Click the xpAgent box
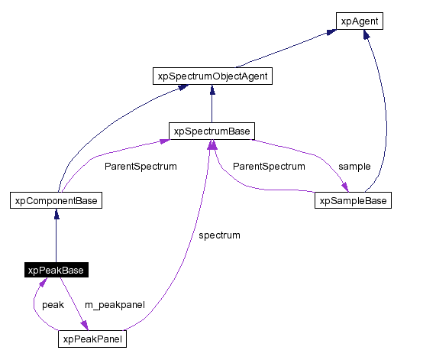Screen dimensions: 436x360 pyautogui.click(x=359, y=21)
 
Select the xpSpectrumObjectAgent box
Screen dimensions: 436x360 pyautogui.click(x=212, y=76)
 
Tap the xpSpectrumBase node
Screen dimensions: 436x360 pyautogui.click(x=212, y=131)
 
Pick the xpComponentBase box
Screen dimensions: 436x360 pyautogui.click(x=57, y=200)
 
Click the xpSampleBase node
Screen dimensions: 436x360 pyautogui.click(x=353, y=200)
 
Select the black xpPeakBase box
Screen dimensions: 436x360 pyautogui.click(x=57, y=270)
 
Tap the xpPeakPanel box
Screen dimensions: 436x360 pyautogui.click(x=92, y=339)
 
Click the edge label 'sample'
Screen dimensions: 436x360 pyautogui.click(x=354, y=166)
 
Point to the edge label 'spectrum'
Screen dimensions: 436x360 pyautogui.click(x=219, y=235)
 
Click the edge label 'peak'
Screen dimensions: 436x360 pyautogui.click(x=53, y=305)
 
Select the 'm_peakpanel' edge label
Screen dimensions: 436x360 pyautogui.click(x=115, y=305)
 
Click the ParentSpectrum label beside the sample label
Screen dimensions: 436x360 pyautogui.click(x=269, y=166)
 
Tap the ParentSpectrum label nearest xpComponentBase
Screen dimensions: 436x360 pyautogui.click(x=140, y=166)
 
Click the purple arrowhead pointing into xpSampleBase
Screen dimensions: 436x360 pyautogui.click(x=345, y=187)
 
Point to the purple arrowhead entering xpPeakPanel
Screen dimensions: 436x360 pyautogui.click(x=85, y=325)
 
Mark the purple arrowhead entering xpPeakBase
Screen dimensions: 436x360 pyautogui.click(x=43, y=282)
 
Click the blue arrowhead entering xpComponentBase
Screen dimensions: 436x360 pyautogui.click(x=57, y=214)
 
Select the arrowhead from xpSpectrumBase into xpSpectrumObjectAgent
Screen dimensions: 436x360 pyautogui.click(x=212, y=90)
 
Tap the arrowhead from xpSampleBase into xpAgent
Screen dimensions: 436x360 pyautogui.click(x=367, y=34)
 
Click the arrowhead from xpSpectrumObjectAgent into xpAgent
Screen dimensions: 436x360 pyautogui.click(x=331, y=32)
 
